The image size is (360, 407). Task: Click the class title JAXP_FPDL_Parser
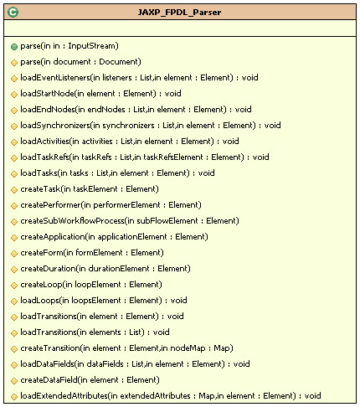(179, 13)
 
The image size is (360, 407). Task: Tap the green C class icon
(13, 13)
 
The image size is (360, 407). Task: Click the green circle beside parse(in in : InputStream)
(14, 47)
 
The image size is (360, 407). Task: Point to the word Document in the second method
(119, 62)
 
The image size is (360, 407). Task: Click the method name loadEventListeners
(55, 78)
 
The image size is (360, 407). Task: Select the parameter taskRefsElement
(173, 157)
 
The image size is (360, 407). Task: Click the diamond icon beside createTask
(14, 190)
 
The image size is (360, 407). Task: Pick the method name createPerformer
(50, 205)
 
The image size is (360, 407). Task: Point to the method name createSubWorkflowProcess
(72, 221)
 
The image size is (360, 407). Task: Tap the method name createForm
(42, 253)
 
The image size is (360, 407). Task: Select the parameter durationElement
(119, 269)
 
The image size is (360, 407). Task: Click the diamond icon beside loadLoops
(14, 301)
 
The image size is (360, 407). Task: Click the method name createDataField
(49, 380)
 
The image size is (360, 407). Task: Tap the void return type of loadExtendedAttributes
(313, 396)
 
